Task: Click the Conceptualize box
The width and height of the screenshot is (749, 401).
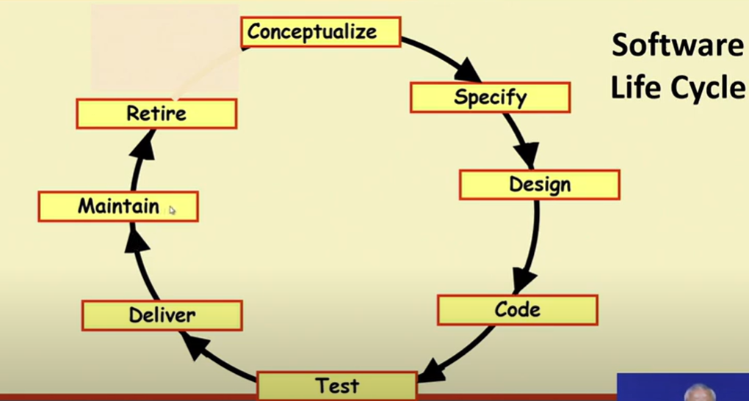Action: click(320, 32)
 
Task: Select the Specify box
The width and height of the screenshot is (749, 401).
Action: click(490, 98)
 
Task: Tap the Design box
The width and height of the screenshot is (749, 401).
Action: click(540, 185)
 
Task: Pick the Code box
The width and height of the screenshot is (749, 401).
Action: click(518, 310)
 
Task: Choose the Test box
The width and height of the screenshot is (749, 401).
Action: click(337, 386)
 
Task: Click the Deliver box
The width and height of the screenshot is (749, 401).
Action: click(162, 315)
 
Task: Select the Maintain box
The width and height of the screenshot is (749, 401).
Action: click(118, 207)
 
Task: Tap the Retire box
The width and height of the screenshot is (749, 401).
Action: click(156, 114)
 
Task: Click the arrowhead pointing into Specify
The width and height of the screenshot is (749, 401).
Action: click(468, 70)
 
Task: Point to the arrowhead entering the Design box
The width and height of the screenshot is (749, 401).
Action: click(527, 155)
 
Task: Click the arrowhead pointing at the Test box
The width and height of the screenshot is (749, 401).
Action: click(432, 370)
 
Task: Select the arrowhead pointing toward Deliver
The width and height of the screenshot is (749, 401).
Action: click(196, 345)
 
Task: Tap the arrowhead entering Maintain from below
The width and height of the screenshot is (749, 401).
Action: click(137, 238)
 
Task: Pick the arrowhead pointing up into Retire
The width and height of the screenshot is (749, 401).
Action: click(144, 145)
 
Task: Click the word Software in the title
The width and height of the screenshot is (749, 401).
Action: click(677, 45)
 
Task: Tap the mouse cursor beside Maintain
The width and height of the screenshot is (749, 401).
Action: click(172, 210)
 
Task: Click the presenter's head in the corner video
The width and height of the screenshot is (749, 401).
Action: click(699, 393)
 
